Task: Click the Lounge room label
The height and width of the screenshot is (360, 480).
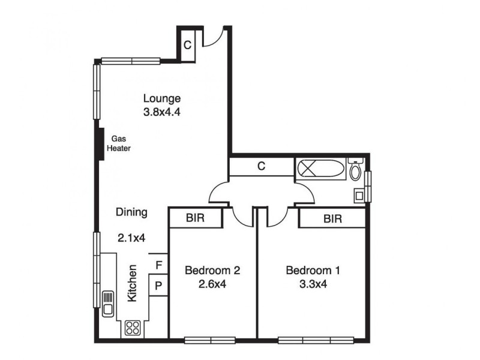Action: point(161,98)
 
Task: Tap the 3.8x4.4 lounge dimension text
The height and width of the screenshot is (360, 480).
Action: point(161,112)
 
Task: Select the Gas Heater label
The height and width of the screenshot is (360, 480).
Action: point(118,143)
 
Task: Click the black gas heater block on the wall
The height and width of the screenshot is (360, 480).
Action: point(100,144)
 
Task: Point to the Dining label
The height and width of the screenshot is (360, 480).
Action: point(131,212)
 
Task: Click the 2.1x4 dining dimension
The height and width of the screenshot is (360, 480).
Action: point(131,238)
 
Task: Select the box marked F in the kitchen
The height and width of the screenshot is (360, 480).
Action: point(158,265)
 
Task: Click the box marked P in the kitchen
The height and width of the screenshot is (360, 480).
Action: point(158,286)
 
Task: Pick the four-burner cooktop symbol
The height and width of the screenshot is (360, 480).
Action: point(132,328)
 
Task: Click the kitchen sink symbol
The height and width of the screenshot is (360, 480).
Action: point(109,302)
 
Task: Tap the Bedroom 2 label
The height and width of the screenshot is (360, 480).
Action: point(212,271)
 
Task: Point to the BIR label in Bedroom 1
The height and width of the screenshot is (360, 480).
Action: point(332,219)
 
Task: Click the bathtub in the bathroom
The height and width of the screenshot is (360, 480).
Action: point(321,169)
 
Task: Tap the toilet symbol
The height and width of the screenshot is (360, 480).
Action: point(355,172)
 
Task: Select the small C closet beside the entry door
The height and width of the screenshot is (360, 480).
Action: point(187,44)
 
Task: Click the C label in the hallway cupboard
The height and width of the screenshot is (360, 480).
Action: point(261,167)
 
